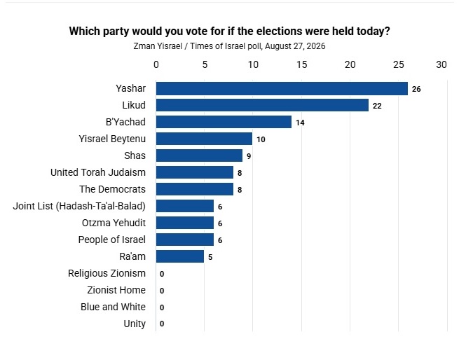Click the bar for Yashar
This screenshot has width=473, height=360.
click(282, 89)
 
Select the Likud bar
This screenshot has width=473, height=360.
click(262, 105)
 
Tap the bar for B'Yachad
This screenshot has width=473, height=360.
click(224, 122)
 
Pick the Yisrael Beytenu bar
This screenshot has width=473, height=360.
click(204, 139)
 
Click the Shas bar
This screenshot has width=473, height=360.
click(199, 155)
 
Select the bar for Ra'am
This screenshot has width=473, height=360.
click(180, 256)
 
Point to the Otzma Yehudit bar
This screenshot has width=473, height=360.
click(184, 223)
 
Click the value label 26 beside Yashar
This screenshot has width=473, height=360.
click(416, 89)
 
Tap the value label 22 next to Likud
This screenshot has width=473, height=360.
click(377, 106)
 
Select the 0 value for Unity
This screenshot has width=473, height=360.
click(162, 324)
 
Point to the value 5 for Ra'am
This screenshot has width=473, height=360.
click(210, 257)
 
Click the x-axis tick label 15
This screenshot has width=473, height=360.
click(301, 64)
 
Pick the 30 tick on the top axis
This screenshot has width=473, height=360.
click(441, 64)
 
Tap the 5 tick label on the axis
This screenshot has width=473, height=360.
click(205, 64)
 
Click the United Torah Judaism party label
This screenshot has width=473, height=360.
click(98, 172)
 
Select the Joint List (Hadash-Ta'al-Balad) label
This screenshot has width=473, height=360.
click(79, 206)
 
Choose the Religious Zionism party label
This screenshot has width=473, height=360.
click(107, 273)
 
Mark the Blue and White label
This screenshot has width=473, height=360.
click(113, 307)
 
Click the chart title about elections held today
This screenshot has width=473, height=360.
click(230, 31)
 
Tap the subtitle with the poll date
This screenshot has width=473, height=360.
click(230, 46)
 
